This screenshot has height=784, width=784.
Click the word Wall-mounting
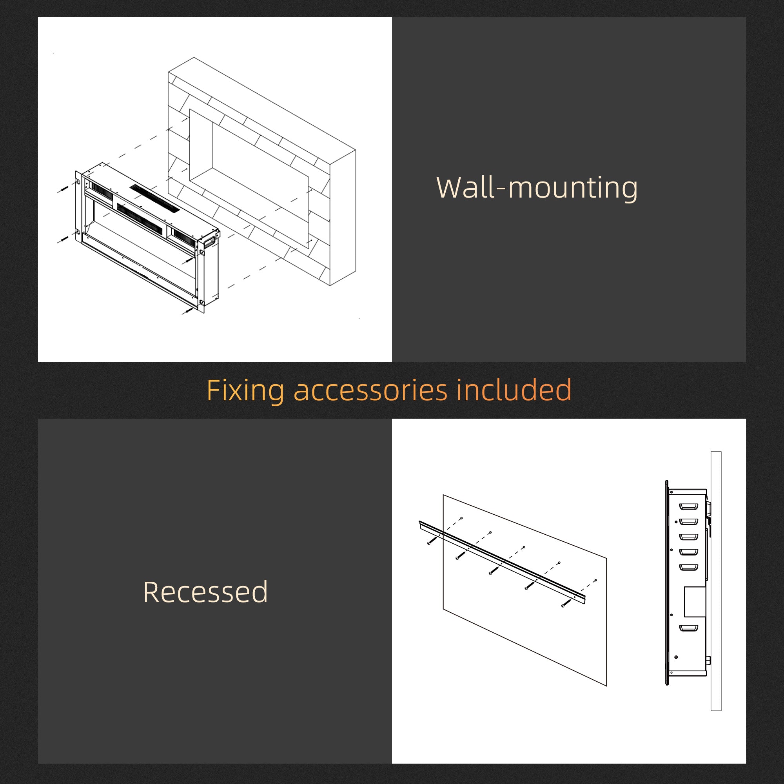[x=537, y=188]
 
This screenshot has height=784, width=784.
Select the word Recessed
[x=205, y=592]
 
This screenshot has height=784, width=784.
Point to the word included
[x=514, y=390]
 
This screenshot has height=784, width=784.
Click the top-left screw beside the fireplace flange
[x=62, y=189]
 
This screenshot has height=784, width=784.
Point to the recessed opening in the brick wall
[x=249, y=178]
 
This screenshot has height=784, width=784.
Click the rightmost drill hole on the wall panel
[x=595, y=580]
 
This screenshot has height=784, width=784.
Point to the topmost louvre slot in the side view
[x=689, y=506]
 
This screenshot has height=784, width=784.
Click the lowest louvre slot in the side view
[x=689, y=629]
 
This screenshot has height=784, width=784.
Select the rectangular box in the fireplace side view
[x=695, y=602]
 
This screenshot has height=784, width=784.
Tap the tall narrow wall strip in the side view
[x=716, y=581]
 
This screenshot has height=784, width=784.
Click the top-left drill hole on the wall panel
[x=461, y=518]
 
